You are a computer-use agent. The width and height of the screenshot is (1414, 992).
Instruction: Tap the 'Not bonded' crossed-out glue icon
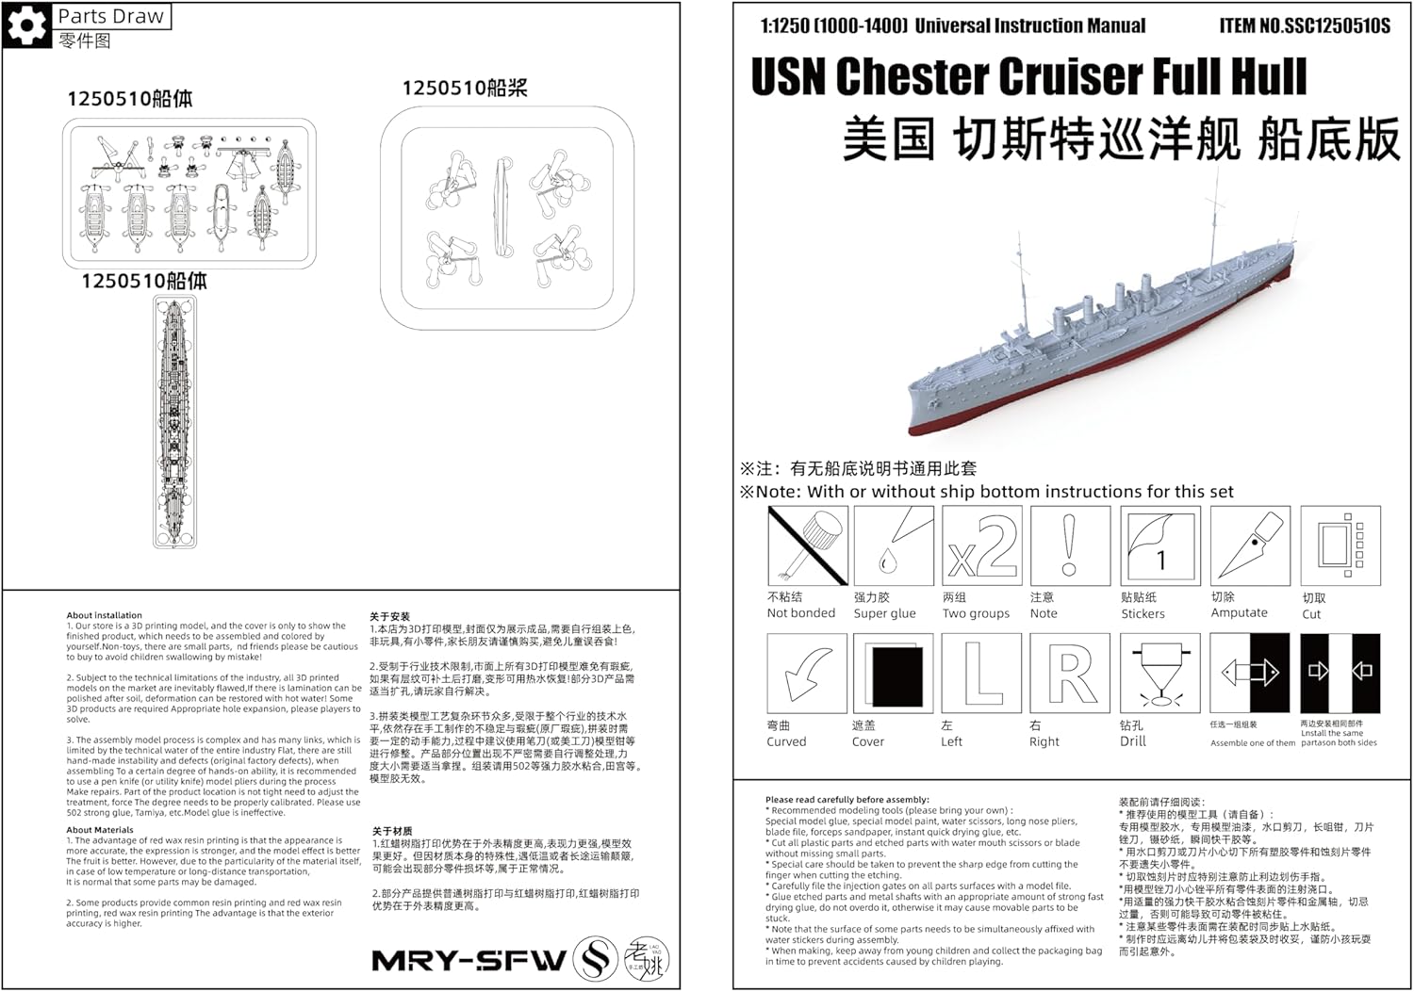(807, 545)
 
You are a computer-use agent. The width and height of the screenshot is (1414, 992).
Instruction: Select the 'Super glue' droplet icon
(893, 545)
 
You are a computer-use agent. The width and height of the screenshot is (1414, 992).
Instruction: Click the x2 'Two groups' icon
(982, 545)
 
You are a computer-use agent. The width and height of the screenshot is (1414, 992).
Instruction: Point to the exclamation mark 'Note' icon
(1070, 545)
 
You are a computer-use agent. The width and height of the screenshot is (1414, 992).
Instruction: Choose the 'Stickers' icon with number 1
(1160, 545)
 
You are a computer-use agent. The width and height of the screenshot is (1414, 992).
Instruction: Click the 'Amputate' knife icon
(1250, 545)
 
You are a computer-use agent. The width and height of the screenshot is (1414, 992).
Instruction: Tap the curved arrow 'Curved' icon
(807, 673)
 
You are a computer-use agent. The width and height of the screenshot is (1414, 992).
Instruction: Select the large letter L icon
(982, 673)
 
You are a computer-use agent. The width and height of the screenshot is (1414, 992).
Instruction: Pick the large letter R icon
(1070, 673)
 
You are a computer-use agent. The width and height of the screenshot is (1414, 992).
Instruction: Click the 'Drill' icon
(1160, 673)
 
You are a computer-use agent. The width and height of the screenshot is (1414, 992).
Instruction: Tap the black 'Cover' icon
(893, 673)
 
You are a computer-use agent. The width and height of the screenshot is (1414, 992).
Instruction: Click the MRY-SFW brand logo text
(469, 961)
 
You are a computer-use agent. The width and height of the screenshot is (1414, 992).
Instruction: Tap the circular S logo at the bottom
(596, 958)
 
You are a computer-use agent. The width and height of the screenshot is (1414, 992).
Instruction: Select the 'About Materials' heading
(100, 830)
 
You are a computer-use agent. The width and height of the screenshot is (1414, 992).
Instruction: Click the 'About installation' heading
(104, 615)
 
